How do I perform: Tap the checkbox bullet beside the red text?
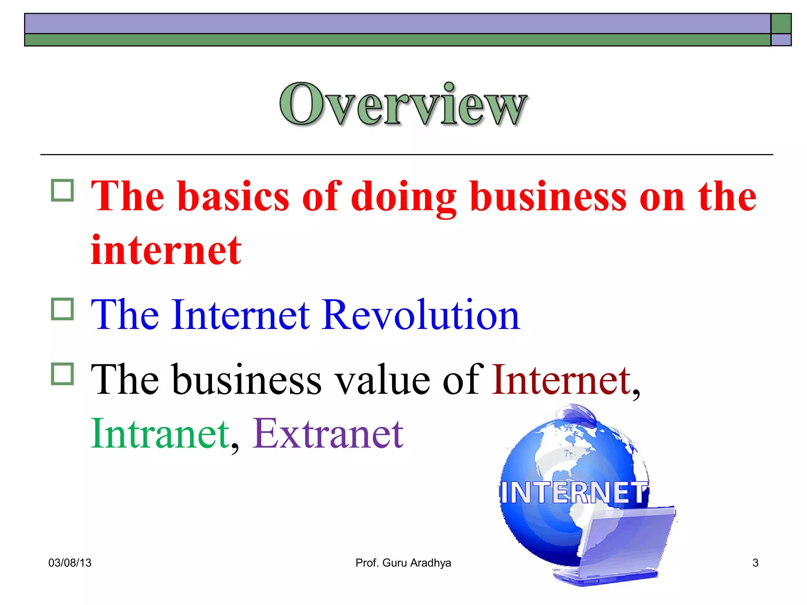(62, 191)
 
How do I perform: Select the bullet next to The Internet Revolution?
(62, 309)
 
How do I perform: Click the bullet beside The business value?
(62, 373)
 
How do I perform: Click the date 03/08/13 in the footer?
(70, 563)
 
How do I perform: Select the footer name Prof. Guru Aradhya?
(403, 563)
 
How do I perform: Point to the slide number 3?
(755, 563)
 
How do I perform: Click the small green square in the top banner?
(781, 24)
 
